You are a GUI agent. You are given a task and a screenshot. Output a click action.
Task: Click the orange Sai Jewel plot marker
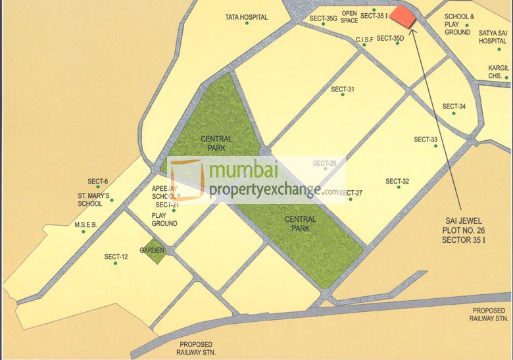click(404, 17)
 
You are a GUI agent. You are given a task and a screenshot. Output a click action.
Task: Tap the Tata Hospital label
click(247, 17)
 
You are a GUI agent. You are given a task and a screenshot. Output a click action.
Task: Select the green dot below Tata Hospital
click(247, 24)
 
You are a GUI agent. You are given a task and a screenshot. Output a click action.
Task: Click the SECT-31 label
click(343, 90)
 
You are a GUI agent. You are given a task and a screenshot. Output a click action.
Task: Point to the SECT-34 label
click(454, 106)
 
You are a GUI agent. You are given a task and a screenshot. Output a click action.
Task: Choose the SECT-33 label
click(426, 139)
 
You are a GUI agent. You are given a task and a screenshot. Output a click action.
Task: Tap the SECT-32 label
click(397, 181)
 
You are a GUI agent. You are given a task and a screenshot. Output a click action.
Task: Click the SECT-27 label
click(351, 193)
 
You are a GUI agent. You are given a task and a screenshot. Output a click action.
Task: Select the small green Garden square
click(155, 253)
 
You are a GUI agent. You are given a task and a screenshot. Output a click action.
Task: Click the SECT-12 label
click(116, 257)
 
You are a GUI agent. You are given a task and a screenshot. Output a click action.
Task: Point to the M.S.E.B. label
click(85, 224)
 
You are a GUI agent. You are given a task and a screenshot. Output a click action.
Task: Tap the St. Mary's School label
click(95, 199)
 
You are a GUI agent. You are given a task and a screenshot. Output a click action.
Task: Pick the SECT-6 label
click(97, 181)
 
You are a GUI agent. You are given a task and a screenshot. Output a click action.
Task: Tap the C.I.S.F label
click(364, 39)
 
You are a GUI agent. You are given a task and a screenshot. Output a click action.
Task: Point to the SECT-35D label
click(390, 38)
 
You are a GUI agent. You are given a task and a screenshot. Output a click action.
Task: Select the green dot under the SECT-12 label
click(115, 263)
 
